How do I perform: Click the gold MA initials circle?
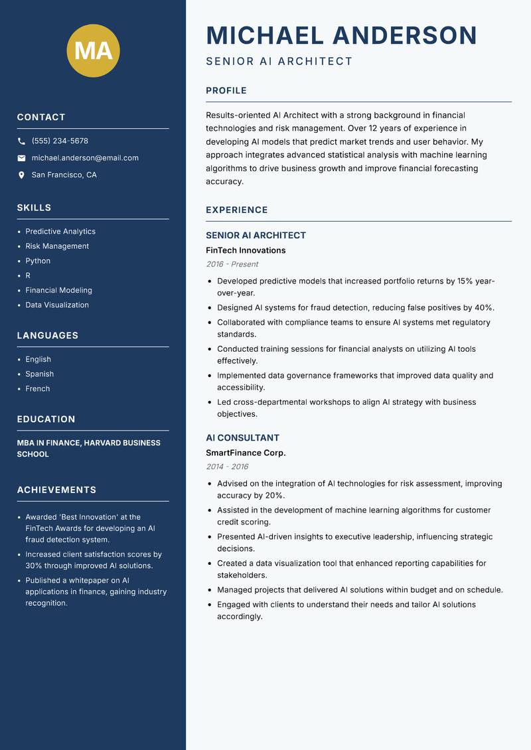tap(94, 50)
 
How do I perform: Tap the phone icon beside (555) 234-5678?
tap(21, 141)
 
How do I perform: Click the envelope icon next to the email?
tap(21, 158)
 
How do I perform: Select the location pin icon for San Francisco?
tap(21, 175)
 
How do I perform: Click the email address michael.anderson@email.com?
tap(85, 158)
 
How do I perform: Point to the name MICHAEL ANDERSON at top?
tap(342, 35)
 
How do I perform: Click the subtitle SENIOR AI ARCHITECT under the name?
tap(279, 62)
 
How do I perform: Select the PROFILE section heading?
tap(226, 91)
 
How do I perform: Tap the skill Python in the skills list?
tap(38, 261)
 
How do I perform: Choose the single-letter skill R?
tap(28, 275)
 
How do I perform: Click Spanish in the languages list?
tap(40, 374)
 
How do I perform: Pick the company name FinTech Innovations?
tap(246, 250)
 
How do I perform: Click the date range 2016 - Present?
tap(232, 264)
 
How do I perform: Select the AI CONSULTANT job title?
tap(242, 438)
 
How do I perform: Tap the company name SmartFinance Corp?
tap(246, 453)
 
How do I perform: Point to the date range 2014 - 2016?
tap(227, 467)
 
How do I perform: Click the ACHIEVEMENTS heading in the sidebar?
tap(56, 490)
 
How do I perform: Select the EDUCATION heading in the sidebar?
tap(46, 419)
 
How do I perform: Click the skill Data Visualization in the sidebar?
tap(57, 305)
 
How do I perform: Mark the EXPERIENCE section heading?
tap(237, 210)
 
